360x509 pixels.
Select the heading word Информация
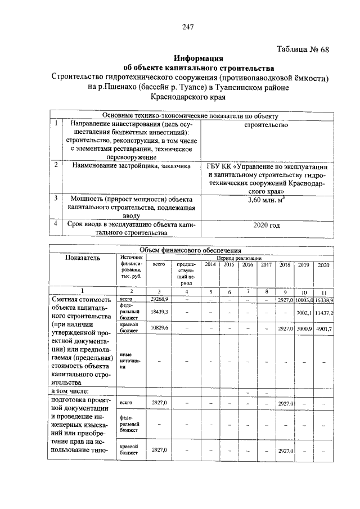[199, 57]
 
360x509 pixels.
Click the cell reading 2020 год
[267, 224]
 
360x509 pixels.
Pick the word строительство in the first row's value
[267, 124]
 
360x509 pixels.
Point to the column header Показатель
[82, 258]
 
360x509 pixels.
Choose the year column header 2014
[210, 264]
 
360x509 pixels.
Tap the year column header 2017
[266, 264]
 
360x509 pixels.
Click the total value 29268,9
[160, 300]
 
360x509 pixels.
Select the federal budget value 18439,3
[160, 311]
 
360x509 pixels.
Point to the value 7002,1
[304, 312]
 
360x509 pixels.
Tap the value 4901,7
[323, 328]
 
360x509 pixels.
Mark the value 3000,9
[304, 328]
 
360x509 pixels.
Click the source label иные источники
[129, 362]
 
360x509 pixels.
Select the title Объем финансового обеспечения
[191, 250]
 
